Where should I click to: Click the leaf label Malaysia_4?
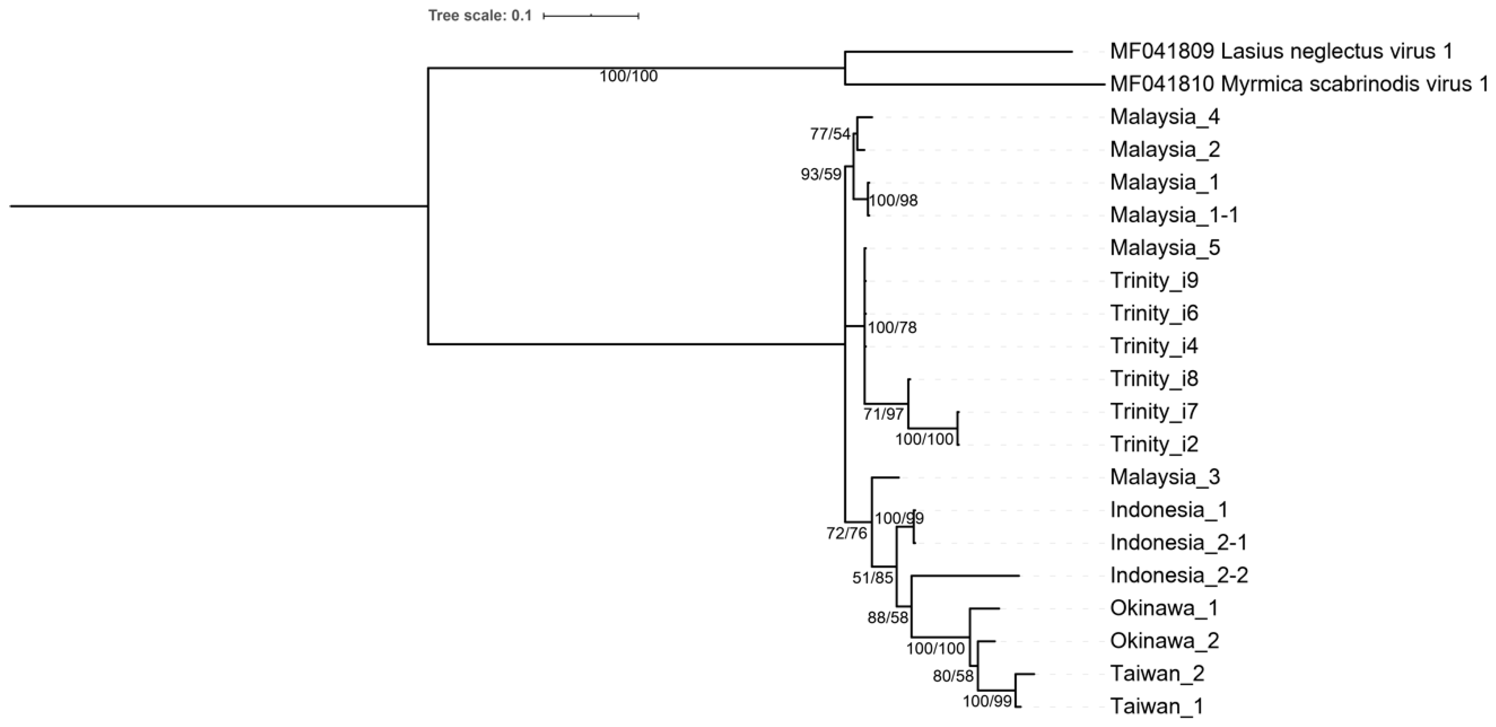pos(1164,117)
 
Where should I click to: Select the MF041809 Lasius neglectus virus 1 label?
pos(1281,52)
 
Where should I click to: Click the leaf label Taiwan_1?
pos(1156,707)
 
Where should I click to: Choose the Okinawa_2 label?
pos(1164,641)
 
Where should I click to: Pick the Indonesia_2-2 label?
pos(1179,575)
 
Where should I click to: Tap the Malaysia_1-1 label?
pos(1174,215)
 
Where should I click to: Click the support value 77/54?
pos(830,135)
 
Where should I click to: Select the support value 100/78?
pos(892,328)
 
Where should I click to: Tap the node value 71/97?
pos(883,414)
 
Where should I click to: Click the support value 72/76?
pos(846,533)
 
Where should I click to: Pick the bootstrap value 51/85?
pos(872,578)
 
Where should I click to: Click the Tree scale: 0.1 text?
pos(480,16)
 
